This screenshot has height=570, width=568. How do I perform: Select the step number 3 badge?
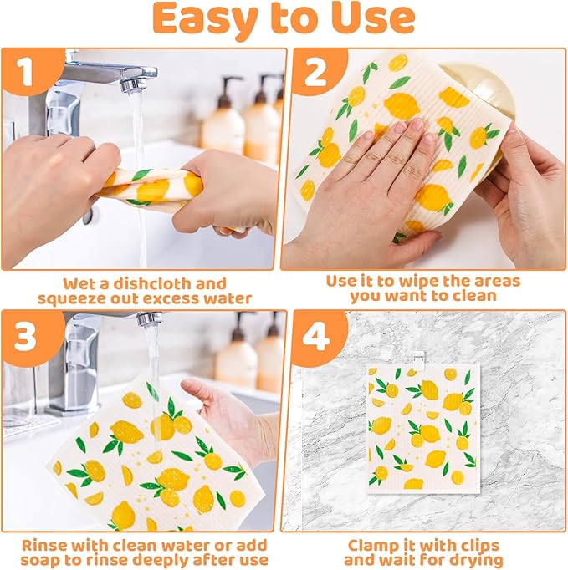pyautogui.click(x=26, y=336)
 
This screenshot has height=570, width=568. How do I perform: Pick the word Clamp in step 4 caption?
pyautogui.click(x=372, y=543)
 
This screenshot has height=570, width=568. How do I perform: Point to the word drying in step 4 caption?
pyautogui.click(x=474, y=560)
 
